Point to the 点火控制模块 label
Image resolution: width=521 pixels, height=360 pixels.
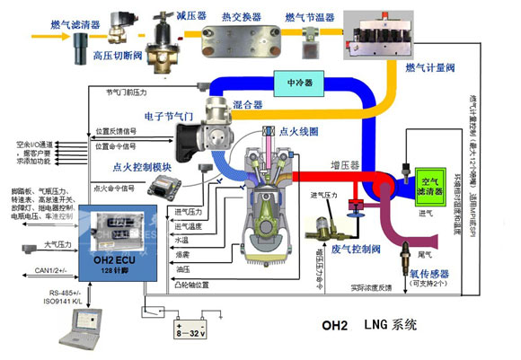141,166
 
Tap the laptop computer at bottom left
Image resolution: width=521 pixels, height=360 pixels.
72,338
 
